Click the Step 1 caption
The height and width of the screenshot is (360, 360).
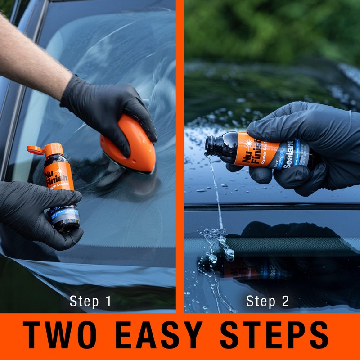[90, 301]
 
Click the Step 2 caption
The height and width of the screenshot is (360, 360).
[267, 301]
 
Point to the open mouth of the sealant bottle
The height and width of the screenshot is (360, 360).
[209, 145]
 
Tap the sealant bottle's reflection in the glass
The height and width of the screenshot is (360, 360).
[252, 269]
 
